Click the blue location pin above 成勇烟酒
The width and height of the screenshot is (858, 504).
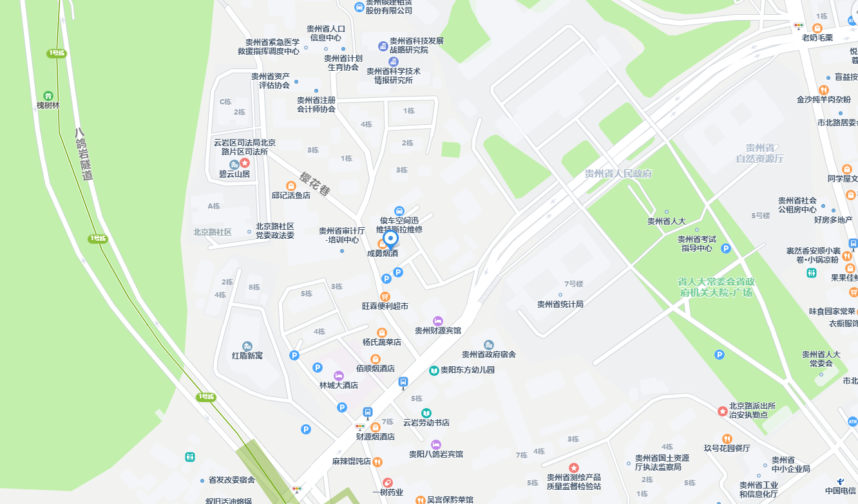390,239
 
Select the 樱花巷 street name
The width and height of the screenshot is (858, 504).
315,183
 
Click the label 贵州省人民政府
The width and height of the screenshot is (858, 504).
618,174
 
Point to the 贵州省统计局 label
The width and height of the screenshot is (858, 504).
560,304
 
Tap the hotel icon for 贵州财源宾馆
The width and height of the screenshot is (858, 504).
438,321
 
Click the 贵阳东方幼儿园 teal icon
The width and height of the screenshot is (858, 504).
434,371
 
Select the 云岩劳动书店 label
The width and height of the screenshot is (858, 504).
426,423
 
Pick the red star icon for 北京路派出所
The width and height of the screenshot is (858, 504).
722,411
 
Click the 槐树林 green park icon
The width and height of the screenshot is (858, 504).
48,95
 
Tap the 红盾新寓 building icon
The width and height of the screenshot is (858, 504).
247,346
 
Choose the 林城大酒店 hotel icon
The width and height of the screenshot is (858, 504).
339,376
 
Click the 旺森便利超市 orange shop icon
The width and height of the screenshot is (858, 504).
385,296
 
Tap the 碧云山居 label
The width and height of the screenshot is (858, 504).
234,174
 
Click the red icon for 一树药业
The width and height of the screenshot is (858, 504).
387,483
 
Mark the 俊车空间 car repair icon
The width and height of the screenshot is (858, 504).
399,211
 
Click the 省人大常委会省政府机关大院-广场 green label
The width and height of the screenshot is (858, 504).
716,287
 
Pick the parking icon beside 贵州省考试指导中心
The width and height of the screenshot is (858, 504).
726,248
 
